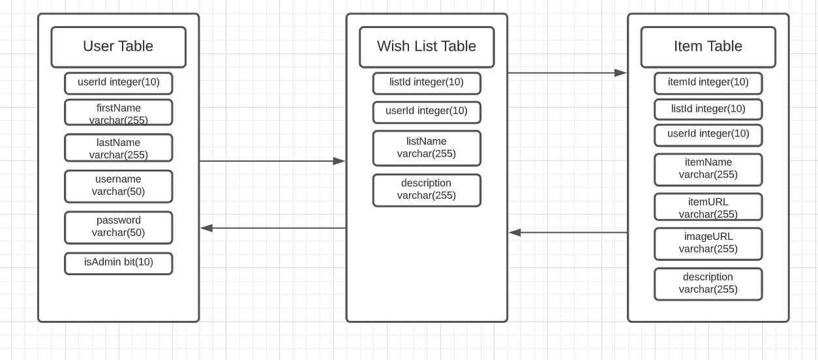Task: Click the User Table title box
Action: point(118,47)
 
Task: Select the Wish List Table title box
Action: point(427,47)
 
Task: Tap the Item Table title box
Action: point(708,47)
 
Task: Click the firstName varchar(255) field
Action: point(118,112)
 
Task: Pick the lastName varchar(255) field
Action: point(118,147)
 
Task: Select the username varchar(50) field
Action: point(118,186)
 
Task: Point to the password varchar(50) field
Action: point(118,227)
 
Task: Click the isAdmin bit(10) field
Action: point(118,263)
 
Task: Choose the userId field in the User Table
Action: point(118,83)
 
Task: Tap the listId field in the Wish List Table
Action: point(427,83)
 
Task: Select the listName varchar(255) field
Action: point(427,148)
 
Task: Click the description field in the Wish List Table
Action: point(427,190)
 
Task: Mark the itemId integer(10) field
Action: point(708,83)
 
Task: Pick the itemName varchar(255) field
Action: point(708,169)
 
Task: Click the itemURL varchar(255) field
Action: point(708,207)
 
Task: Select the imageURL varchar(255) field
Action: point(708,243)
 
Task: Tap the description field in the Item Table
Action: point(708,284)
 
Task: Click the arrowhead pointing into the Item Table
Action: point(620,73)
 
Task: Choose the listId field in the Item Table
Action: point(708,109)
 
